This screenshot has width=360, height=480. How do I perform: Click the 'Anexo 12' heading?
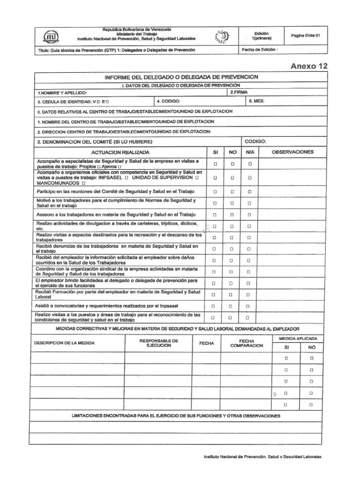(309, 66)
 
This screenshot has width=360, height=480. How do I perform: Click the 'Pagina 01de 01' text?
(305, 36)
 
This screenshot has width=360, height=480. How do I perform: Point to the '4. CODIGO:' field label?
(168, 101)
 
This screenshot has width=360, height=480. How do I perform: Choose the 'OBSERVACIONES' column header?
(292, 152)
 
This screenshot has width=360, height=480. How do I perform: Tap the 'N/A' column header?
(249, 152)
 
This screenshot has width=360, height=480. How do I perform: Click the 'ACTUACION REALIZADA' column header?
(121, 152)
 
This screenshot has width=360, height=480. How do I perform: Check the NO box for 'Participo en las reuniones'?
(232, 192)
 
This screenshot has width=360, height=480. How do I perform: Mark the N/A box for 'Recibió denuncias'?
(250, 249)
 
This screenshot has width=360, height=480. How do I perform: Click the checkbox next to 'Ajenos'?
(120, 167)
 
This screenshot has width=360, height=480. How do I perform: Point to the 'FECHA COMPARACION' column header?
(246, 343)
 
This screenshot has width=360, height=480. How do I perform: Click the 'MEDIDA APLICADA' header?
(298, 338)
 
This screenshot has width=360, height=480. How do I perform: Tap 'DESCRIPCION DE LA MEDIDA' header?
(64, 343)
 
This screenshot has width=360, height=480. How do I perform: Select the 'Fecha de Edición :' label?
(260, 49)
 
